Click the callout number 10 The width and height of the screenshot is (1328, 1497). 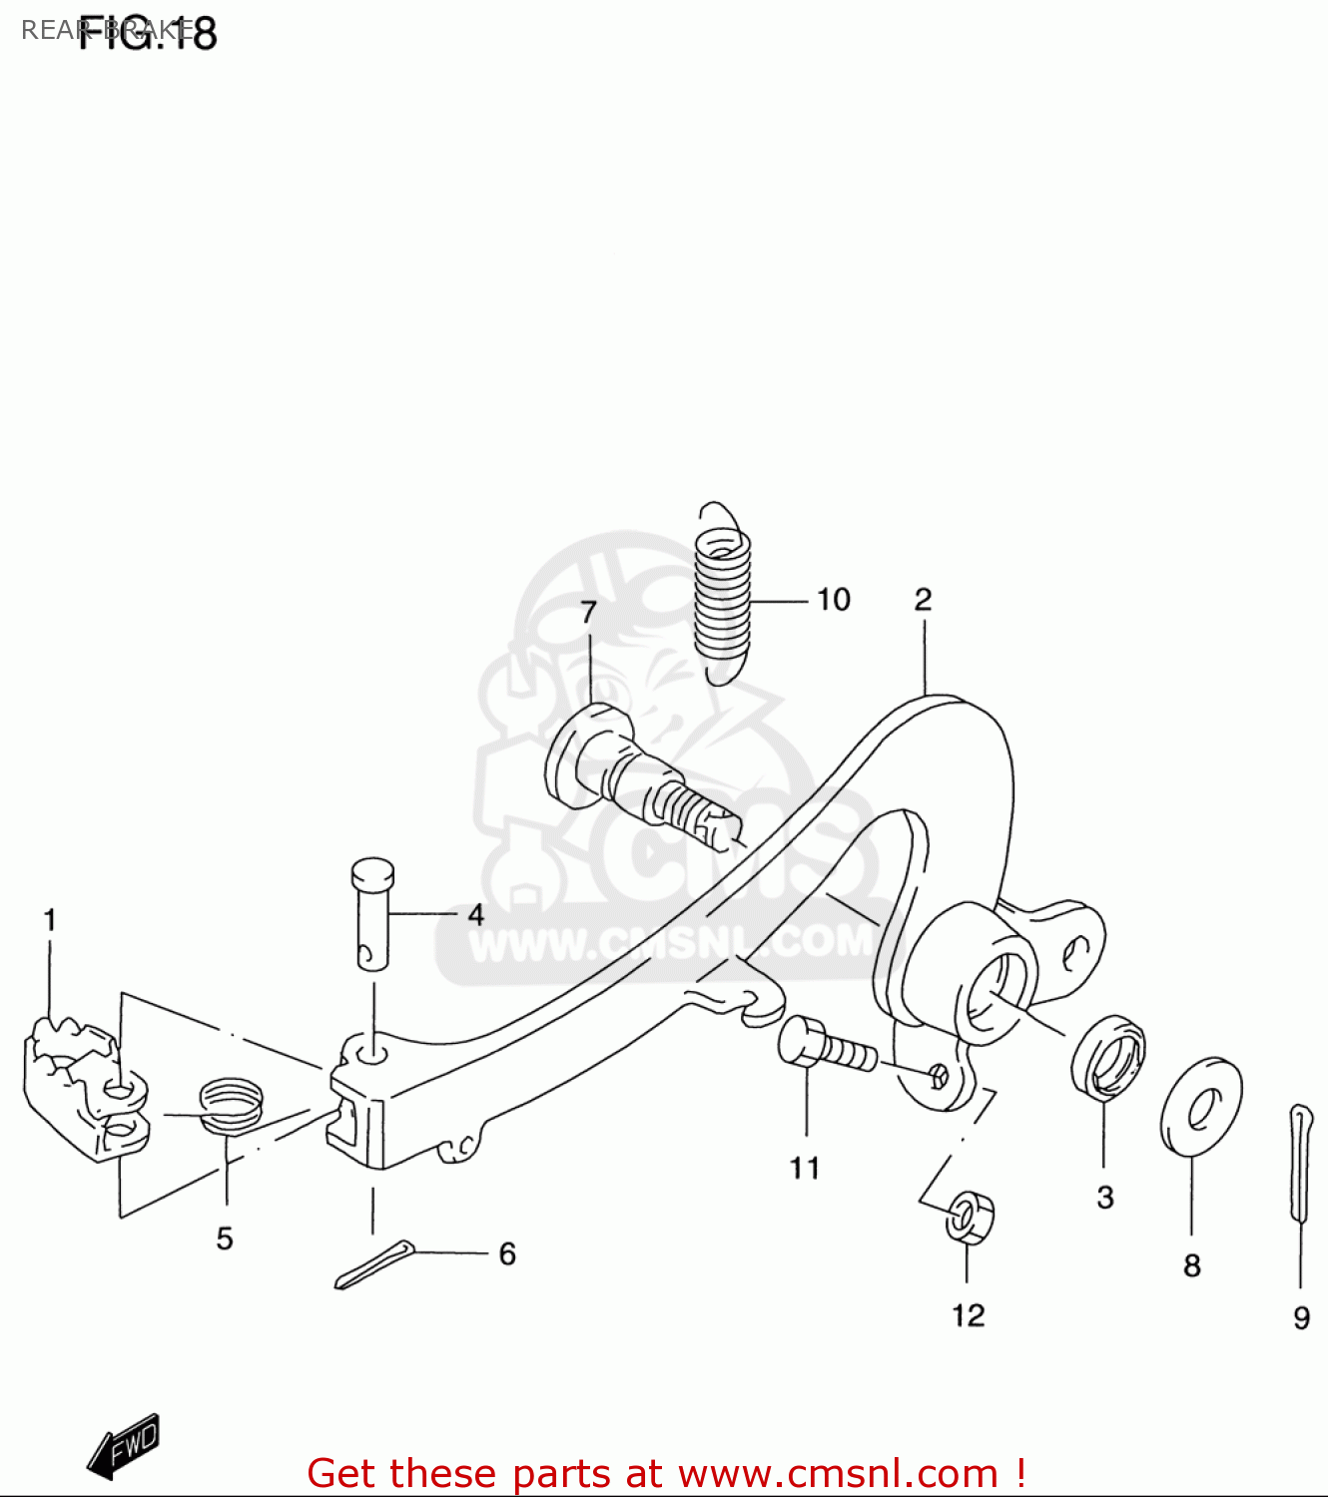point(834,600)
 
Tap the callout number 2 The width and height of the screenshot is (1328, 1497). point(923,600)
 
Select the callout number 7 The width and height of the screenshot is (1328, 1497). point(589,612)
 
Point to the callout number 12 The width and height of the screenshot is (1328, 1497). point(969,1315)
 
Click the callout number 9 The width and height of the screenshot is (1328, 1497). point(1301,1318)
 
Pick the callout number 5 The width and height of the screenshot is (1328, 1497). point(225,1239)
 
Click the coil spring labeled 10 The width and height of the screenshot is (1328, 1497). point(723,594)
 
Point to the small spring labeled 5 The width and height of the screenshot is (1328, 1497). point(232,1102)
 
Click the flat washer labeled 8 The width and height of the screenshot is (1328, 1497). point(1201,1105)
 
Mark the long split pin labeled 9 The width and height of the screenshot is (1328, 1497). point(1300,1163)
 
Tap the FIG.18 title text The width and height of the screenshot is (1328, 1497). point(147,34)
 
